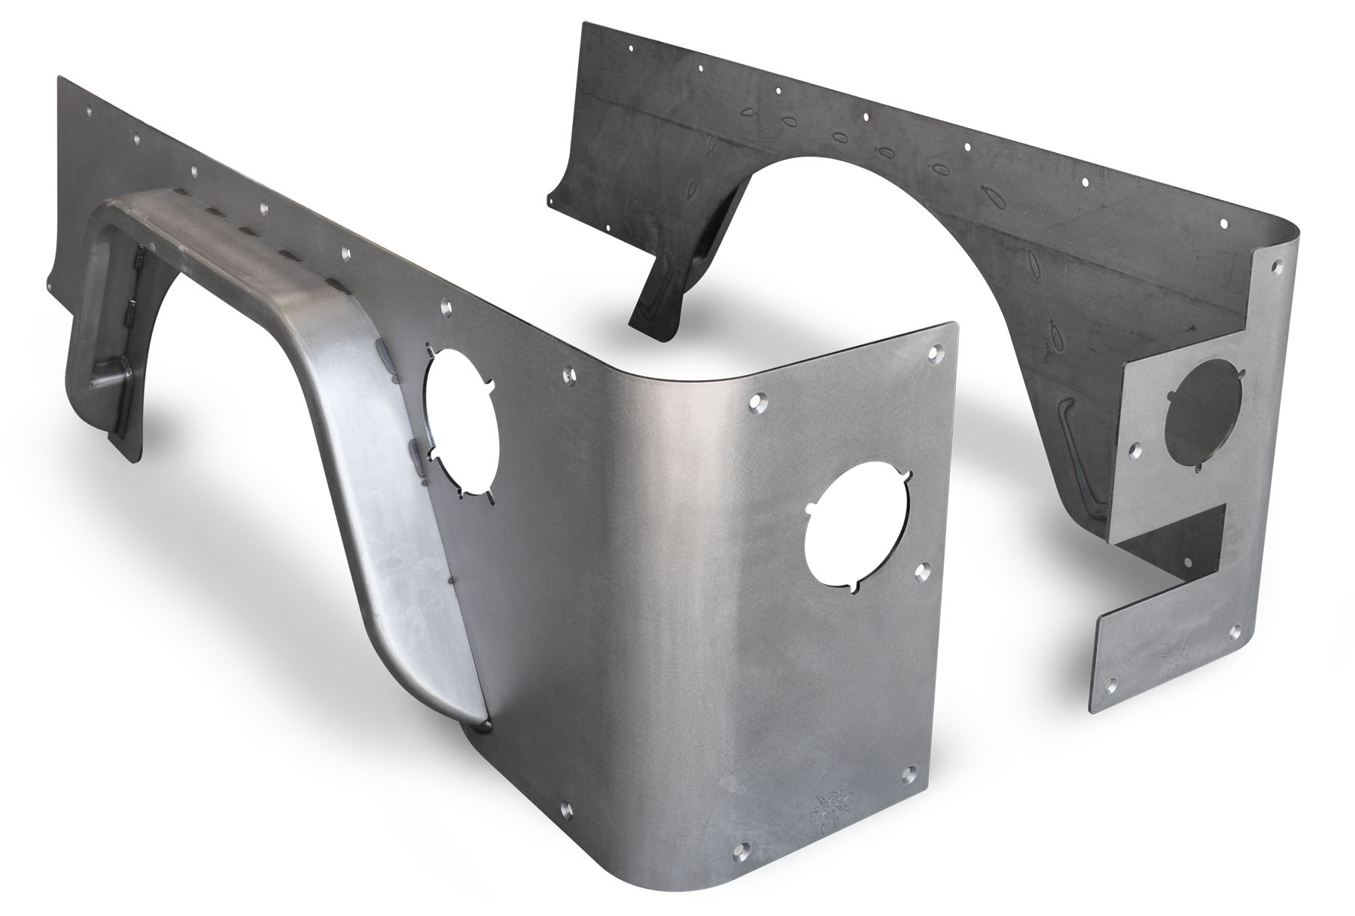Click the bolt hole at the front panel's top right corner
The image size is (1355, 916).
click(x=936, y=351)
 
